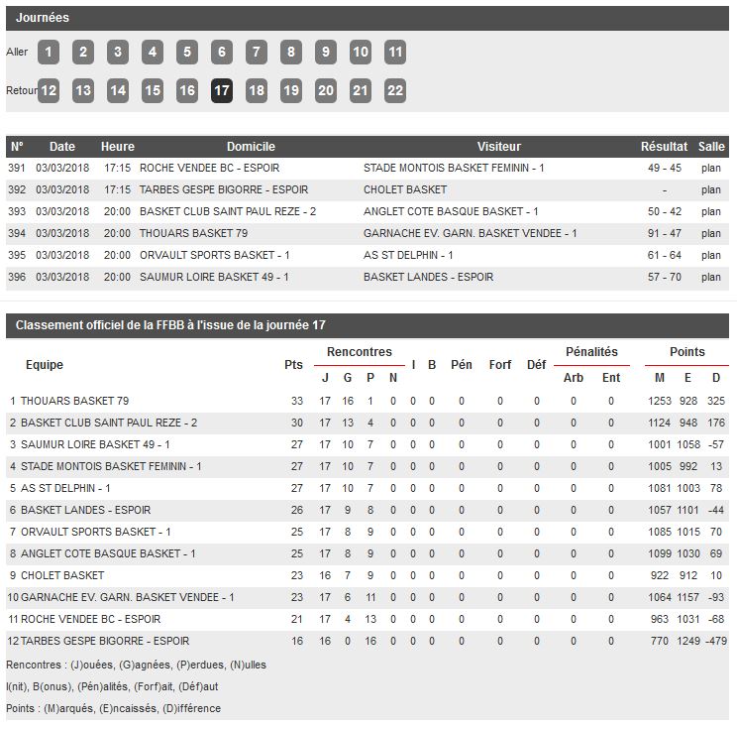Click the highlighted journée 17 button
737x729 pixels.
(222, 90)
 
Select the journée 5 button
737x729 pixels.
(187, 53)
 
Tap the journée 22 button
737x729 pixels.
(395, 90)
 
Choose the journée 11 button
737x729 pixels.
(395, 53)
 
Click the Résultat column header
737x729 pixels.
(664, 147)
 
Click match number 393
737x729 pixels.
(17, 212)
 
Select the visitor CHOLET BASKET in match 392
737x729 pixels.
(405, 190)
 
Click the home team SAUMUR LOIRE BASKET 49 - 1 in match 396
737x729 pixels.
(214, 278)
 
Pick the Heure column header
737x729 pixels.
(118, 147)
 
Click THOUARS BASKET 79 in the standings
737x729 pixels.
(74, 402)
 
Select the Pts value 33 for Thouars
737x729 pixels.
(296, 402)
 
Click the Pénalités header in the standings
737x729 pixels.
(591, 352)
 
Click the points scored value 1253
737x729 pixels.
(660, 402)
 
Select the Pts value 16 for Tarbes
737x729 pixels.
(296, 642)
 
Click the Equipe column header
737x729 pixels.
(45, 365)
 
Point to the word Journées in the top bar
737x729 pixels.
(43, 18)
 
